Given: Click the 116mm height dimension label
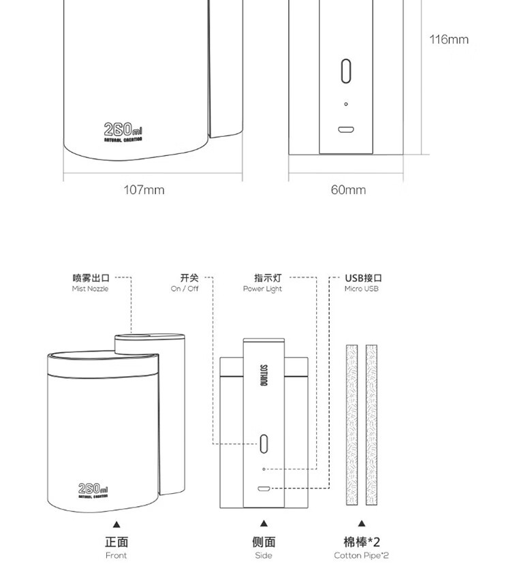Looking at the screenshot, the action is pyautogui.click(x=448, y=40).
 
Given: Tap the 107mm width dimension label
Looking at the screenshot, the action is pyautogui.click(x=144, y=189).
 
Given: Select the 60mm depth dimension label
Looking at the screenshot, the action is pyautogui.click(x=348, y=189).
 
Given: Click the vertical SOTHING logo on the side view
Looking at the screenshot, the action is pyautogui.click(x=264, y=373).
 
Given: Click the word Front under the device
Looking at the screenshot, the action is pyautogui.click(x=117, y=555).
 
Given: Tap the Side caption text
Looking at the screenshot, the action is pyautogui.click(x=264, y=555).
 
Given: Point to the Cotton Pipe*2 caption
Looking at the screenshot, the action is pyautogui.click(x=361, y=555).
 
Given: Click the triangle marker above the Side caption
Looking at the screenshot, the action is pyautogui.click(x=264, y=524).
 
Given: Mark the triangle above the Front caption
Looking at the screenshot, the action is pyautogui.click(x=117, y=524).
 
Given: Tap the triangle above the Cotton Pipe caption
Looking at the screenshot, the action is pyautogui.click(x=361, y=524).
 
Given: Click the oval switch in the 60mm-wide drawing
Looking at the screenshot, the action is pyautogui.click(x=346, y=70).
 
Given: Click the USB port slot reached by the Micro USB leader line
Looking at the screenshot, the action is pyautogui.click(x=264, y=488).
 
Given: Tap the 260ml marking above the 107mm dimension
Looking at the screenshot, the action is pyautogui.click(x=123, y=129).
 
